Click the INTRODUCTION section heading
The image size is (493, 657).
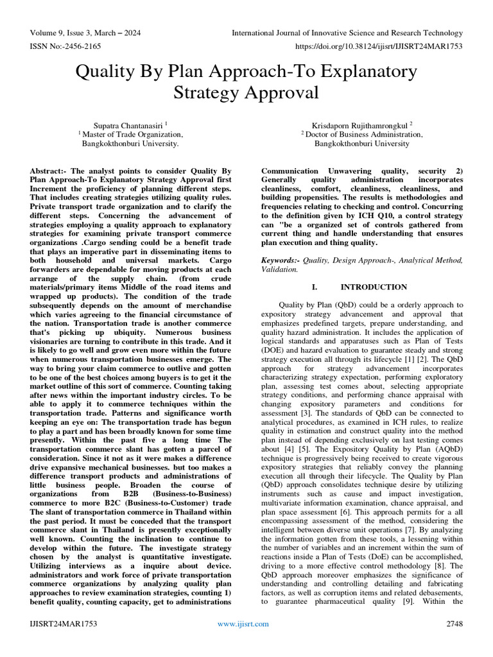pos(374,287)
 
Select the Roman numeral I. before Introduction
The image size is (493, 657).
pos(315,287)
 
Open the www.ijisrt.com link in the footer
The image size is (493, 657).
pos(243,624)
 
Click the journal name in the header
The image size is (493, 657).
pos(347,33)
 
